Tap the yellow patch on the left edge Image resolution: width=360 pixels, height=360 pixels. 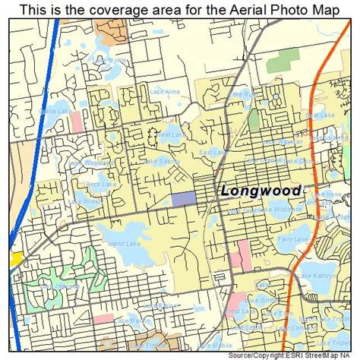(14, 258)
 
